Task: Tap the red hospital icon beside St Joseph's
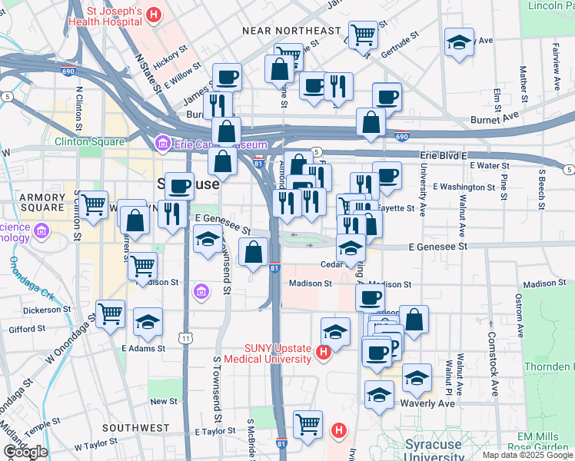[x=155, y=14]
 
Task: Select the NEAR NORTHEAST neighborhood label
[x=291, y=31]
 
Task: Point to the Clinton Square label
[x=89, y=141]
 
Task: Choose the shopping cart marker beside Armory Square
[x=93, y=205]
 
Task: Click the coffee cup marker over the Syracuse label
[x=179, y=186]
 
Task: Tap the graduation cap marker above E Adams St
[x=148, y=323]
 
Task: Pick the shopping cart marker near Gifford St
[x=111, y=314]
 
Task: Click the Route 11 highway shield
[x=185, y=337]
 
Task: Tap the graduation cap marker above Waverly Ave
[x=417, y=378]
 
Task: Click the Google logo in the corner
[x=25, y=452]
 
